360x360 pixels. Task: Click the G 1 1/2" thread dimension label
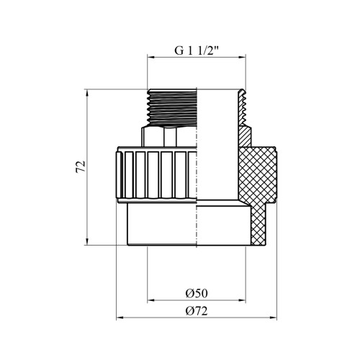pyautogui.click(x=197, y=50)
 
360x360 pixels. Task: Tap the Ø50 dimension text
pyautogui.click(x=197, y=293)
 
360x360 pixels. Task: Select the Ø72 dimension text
pyautogui.click(x=197, y=311)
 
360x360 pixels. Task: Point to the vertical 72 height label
pyautogui.click(x=81, y=167)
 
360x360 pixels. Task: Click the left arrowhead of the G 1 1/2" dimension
pyautogui.click(x=150, y=58)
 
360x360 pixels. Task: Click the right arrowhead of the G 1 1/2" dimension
pyautogui.click(x=242, y=58)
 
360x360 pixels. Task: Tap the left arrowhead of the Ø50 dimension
pyautogui.click(x=150, y=300)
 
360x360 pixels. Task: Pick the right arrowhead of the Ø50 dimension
pyautogui.click(x=242, y=300)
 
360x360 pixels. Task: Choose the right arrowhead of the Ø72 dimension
pyautogui.click(x=273, y=318)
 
